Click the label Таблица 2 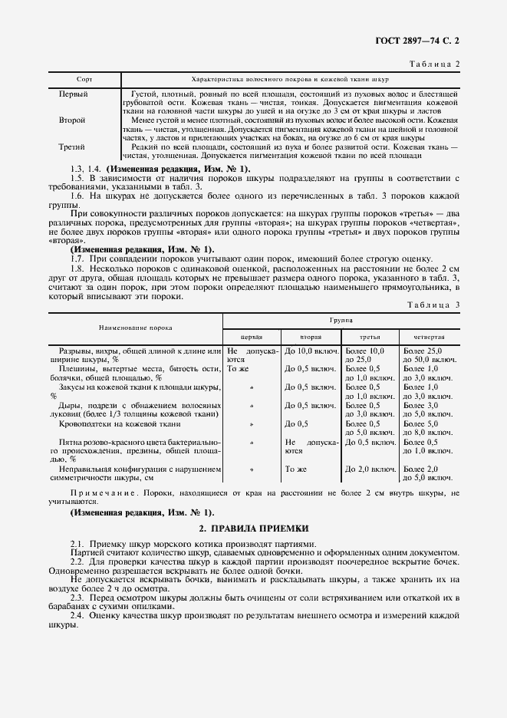[433, 64]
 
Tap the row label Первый [73, 94]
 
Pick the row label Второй [72, 120]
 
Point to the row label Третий [72, 147]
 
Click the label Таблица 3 [433, 305]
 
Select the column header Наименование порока [135, 328]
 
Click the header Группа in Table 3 [341, 320]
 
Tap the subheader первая [252, 337]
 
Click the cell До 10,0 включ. [310, 351]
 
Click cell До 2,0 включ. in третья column [370, 469]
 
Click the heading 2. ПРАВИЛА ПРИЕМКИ [254, 529]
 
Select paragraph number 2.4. [77, 616]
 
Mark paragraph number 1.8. [77, 268]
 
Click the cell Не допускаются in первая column [251, 354]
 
